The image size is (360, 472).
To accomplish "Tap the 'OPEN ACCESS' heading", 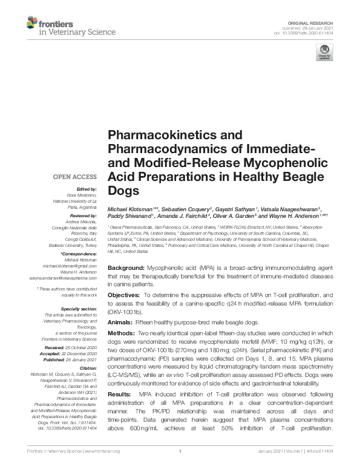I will (x=75, y=177).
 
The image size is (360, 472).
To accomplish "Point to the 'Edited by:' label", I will (x=86, y=189).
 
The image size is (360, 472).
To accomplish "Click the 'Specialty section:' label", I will (x=79, y=309).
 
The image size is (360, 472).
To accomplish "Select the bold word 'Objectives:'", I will (x=125, y=295).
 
